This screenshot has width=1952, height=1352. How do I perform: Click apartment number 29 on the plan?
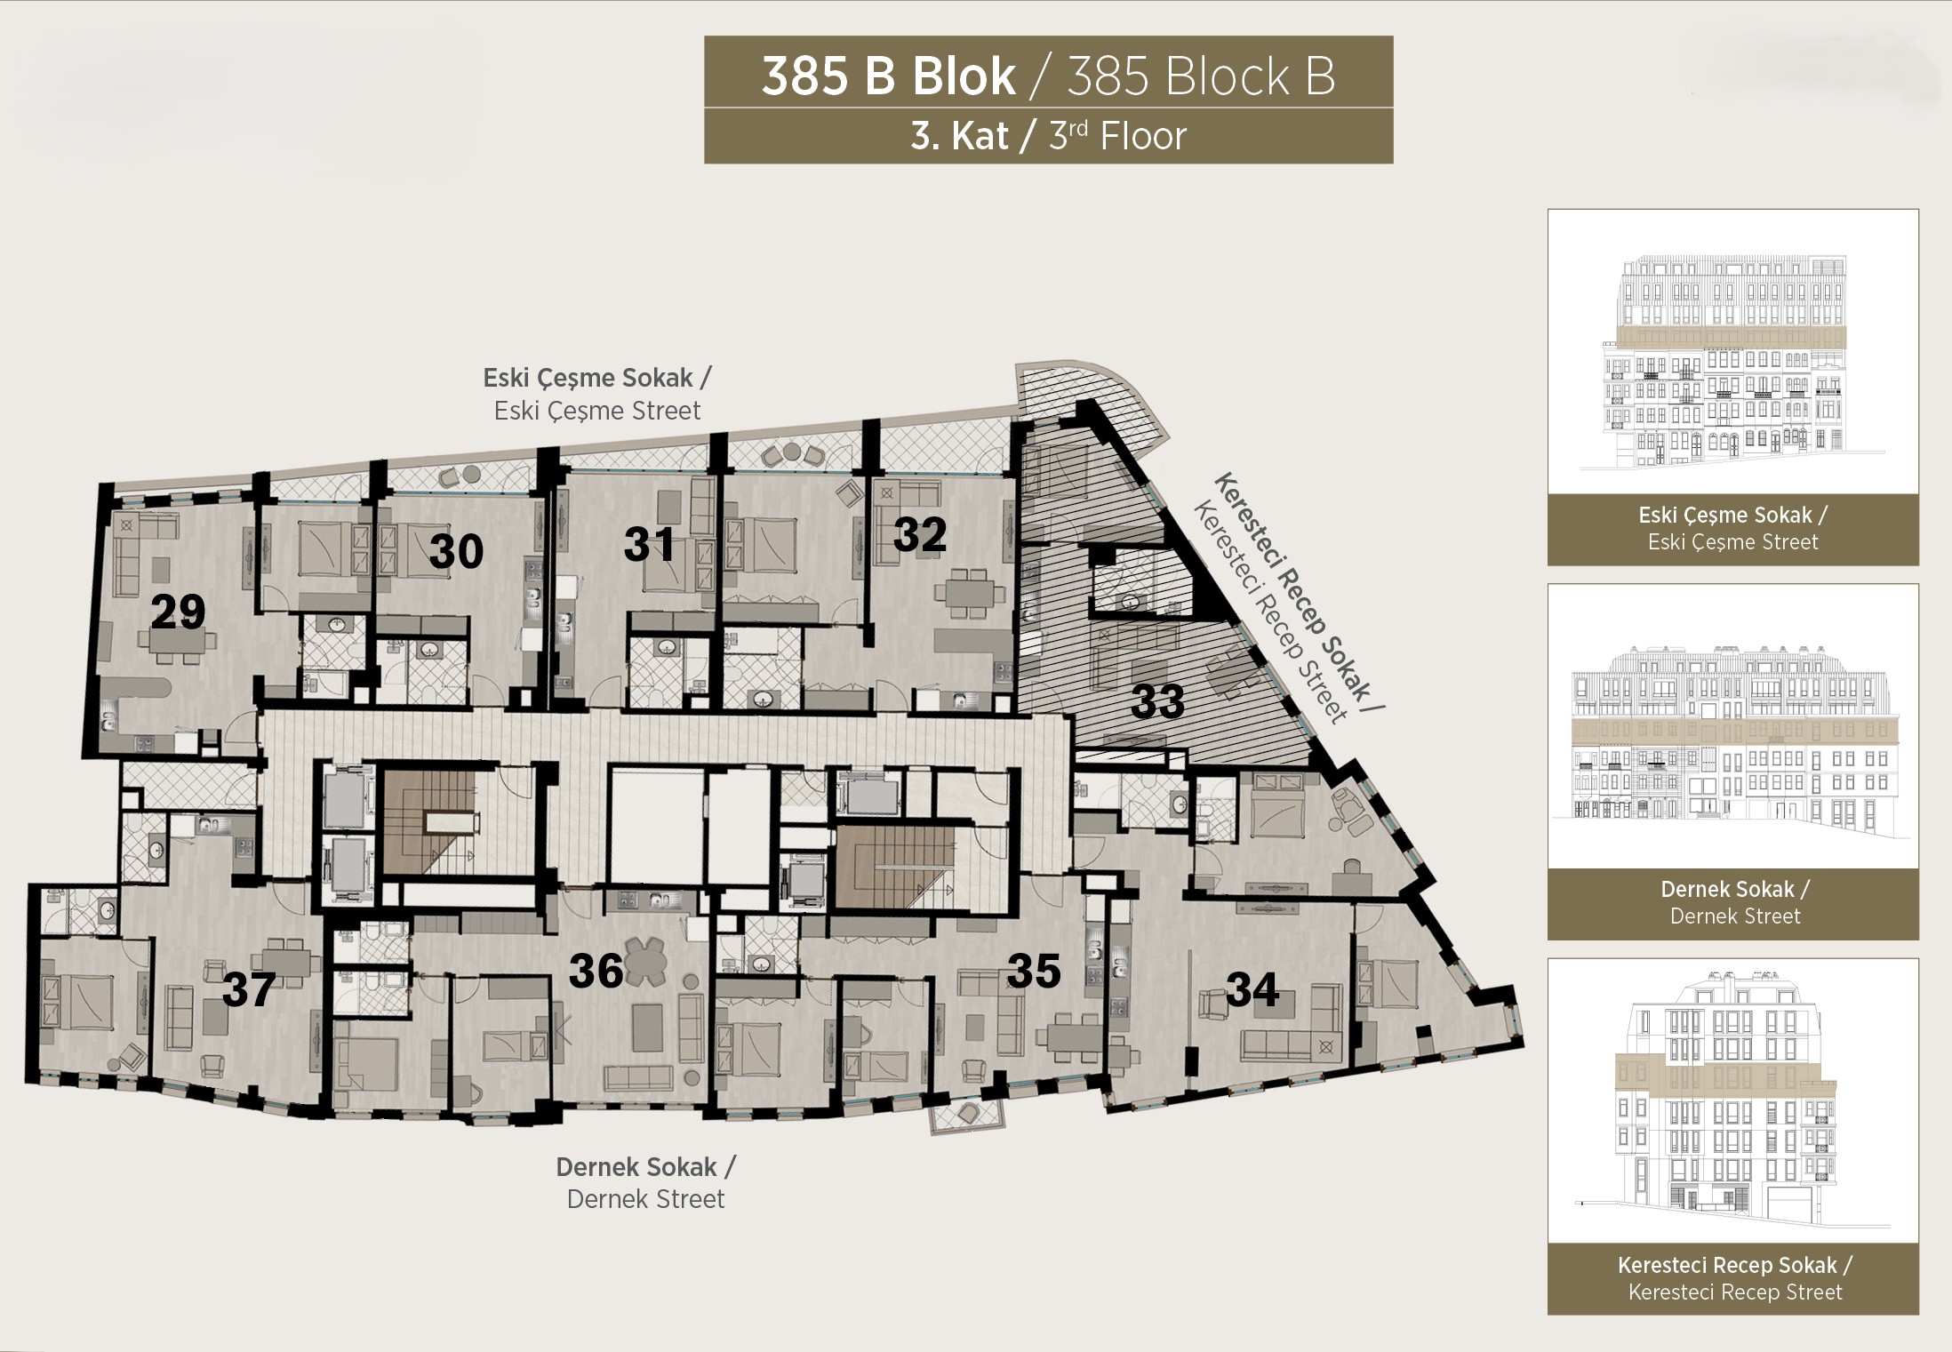(x=178, y=612)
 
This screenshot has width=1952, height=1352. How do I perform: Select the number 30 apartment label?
(x=456, y=551)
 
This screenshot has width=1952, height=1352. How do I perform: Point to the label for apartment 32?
(x=919, y=535)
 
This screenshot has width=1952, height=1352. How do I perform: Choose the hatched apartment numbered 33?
(x=1157, y=702)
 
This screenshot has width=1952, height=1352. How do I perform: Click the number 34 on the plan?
(x=1252, y=989)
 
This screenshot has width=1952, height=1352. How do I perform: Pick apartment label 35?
(x=1034, y=972)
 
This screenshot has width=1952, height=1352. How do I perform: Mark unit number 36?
(x=596, y=972)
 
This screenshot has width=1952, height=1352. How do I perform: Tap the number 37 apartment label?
(x=248, y=990)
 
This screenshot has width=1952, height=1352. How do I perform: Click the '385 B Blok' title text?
(x=888, y=76)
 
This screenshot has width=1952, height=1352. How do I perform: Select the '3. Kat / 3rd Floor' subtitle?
(x=1048, y=137)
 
